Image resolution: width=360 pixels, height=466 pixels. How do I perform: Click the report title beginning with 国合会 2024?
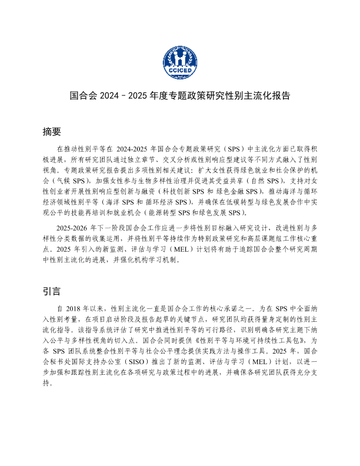(179, 95)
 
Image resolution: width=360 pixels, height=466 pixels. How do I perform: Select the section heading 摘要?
(52, 131)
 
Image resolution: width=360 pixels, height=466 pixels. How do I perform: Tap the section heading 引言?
(52, 291)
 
